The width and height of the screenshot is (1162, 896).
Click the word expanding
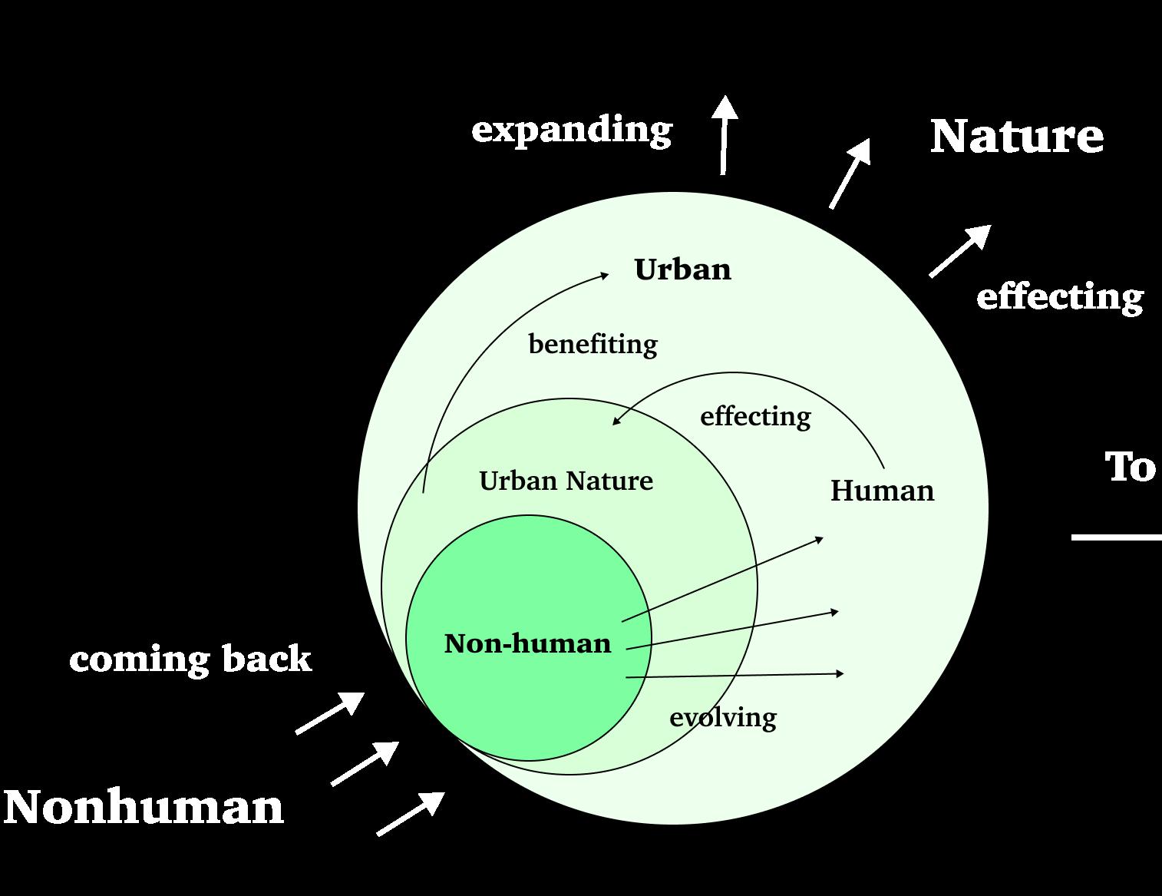(x=572, y=130)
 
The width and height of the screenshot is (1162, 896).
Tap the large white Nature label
(x=1016, y=136)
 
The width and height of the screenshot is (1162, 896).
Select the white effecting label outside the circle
(x=1059, y=297)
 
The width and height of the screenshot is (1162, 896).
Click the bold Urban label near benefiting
(x=682, y=269)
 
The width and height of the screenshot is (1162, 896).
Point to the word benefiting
(x=593, y=344)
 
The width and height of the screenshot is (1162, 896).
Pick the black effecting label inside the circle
(x=755, y=416)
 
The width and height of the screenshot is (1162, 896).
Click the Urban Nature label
(x=566, y=481)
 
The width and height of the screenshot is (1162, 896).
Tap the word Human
(x=882, y=491)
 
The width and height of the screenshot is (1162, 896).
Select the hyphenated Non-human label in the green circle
(x=527, y=643)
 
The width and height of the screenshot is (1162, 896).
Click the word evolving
(x=723, y=717)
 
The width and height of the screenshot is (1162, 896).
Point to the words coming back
(x=190, y=659)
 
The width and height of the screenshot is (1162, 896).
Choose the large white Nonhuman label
(x=144, y=807)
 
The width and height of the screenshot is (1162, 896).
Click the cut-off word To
(x=1130, y=467)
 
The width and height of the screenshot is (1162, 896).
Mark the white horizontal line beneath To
(x=1117, y=537)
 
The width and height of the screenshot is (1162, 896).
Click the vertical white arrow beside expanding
(x=724, y=134)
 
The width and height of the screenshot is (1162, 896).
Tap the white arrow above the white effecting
(x=959, y=250)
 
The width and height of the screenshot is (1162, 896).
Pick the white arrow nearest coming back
(x=330, y=713)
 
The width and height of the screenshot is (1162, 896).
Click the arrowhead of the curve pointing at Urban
(x=604, y=274)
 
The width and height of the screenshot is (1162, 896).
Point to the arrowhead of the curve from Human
(x=616, y=421)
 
